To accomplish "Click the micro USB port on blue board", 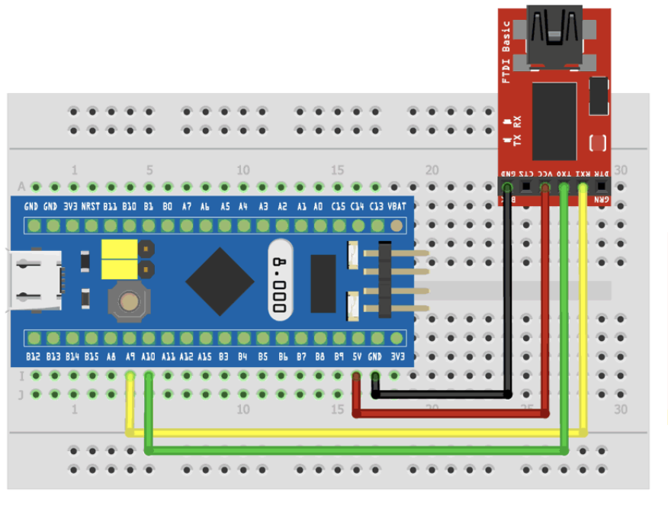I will tap(33, 281).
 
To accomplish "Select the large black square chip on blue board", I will tap(220, 282).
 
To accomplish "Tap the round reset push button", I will tap(129, 301).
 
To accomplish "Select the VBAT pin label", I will tap(397, 206).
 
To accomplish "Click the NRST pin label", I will tap(90, 206).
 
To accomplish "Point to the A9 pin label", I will tap(130, 356).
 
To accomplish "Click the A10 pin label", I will tap(149, 356).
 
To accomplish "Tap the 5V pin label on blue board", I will tap(357, 356).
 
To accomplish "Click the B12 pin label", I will tap(33, 356).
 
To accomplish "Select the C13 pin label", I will tap(377, 206).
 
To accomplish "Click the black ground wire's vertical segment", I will tap(507, 290).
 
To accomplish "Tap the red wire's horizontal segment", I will tap(450, 414).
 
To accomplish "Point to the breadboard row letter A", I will tap(21, 186).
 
